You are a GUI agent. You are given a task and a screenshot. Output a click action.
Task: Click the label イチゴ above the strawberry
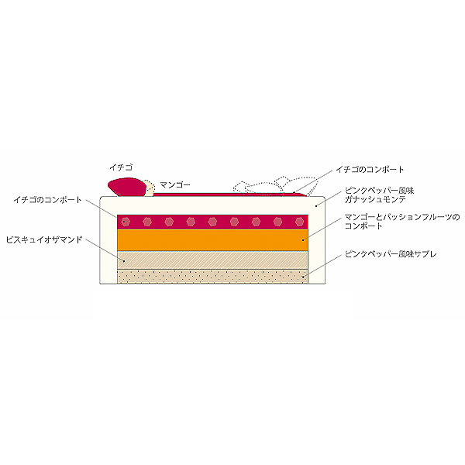[121, 167]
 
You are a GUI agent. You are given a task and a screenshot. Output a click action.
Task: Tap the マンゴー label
[175, 184]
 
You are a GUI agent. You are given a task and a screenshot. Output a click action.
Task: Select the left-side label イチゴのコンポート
[47, 200]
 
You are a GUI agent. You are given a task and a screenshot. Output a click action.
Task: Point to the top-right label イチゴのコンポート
[370, 170]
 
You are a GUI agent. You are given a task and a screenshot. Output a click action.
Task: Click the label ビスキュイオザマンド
[44, 239]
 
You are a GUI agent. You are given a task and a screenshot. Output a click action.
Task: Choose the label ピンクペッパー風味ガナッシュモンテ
[379, 195]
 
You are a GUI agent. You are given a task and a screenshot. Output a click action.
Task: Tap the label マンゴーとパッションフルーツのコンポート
[402, 222]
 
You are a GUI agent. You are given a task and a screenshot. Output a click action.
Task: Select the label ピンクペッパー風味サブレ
[391, 254]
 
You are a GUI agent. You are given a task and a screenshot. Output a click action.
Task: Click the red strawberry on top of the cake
[127, 187]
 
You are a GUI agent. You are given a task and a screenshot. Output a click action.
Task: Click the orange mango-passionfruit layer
[212, 240]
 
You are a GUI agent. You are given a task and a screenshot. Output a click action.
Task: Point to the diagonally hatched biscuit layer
[212, 260]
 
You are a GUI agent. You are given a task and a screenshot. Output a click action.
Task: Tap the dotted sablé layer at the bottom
[212, 277]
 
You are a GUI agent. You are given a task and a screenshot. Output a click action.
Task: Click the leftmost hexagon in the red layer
[126, 222]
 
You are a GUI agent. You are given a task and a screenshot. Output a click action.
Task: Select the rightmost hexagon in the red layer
[299, 222]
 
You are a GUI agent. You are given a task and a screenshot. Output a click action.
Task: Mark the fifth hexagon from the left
[212, 222]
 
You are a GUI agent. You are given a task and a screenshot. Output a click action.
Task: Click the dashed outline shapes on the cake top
[275, 186]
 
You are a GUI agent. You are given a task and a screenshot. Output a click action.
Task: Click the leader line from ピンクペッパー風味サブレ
[322, 266]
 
